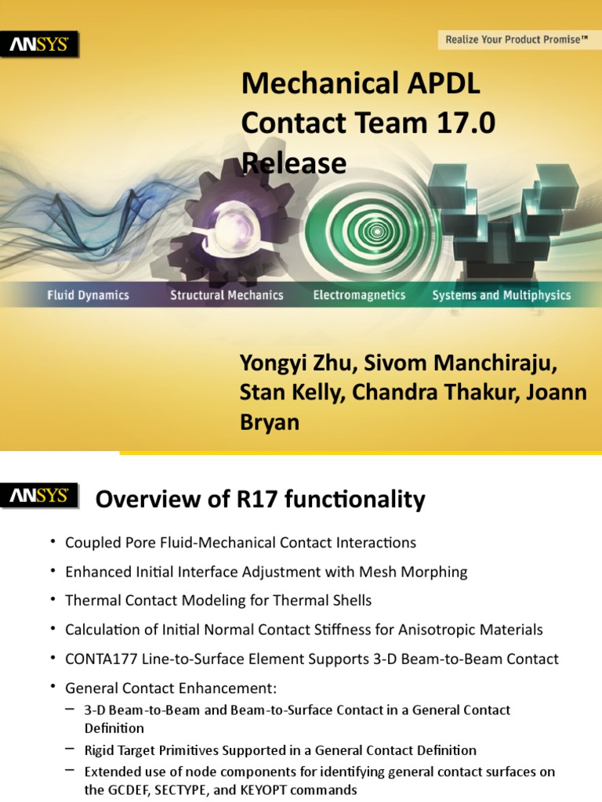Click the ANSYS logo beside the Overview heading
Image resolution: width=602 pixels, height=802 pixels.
(44, 496)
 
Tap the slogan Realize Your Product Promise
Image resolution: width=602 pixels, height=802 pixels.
(516, 39)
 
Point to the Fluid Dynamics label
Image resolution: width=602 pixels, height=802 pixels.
(88, 295)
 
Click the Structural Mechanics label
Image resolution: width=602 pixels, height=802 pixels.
(227, 295)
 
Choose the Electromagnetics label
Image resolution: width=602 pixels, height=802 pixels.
(359, 295)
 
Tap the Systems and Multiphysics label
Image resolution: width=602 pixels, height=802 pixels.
(502, 295)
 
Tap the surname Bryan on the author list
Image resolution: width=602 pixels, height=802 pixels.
(269, 422)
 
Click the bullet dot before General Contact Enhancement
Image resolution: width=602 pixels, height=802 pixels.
(53, 688)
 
